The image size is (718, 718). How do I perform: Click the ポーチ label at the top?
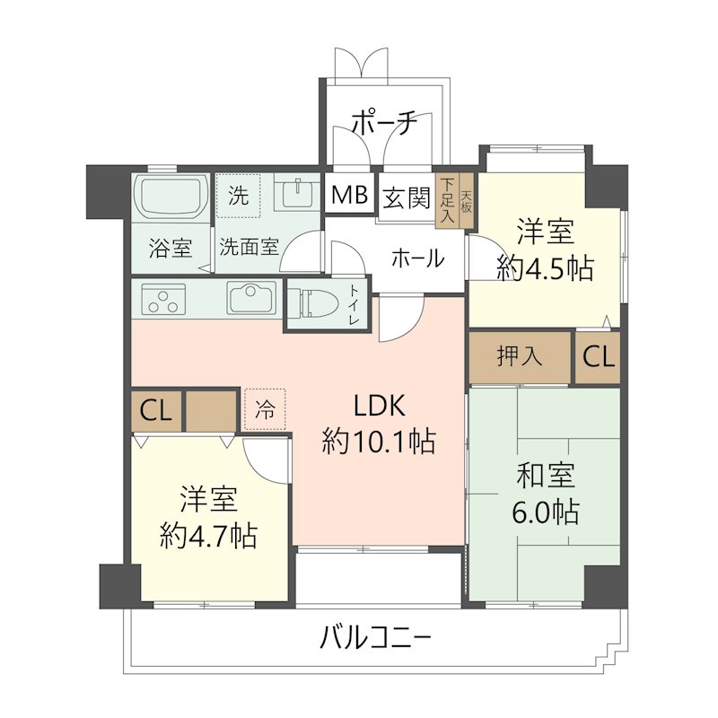point(383,124)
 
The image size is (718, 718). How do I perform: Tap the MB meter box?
point(348,195)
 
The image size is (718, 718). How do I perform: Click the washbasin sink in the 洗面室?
point(293,194)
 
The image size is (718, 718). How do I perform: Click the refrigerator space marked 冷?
point(265,409)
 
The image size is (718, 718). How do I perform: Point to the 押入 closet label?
point(520,357)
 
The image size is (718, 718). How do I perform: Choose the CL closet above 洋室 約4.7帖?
point(157,412)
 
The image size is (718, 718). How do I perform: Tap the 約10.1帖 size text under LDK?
point(381,441)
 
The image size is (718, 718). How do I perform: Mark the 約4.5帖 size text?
point(545,268)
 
